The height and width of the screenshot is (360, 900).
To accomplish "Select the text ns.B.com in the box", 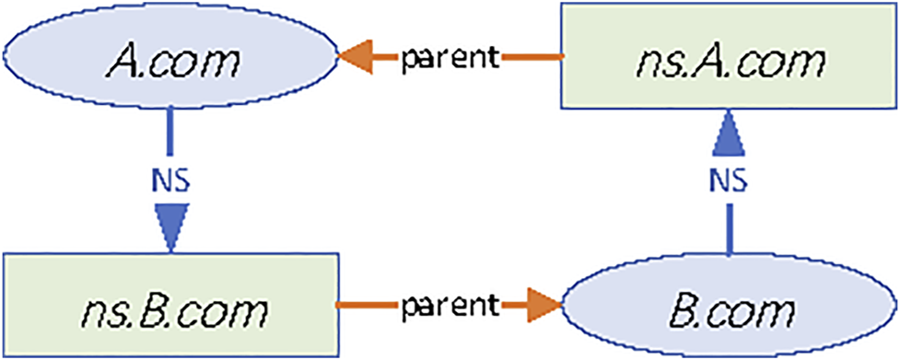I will [169, 304].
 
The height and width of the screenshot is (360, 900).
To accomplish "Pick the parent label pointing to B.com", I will [449, 302].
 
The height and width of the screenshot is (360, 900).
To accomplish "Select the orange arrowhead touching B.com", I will [543, 302].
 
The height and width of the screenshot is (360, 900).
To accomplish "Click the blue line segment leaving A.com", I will [170, 129].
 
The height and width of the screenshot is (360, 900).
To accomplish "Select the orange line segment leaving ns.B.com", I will [367, 302].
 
